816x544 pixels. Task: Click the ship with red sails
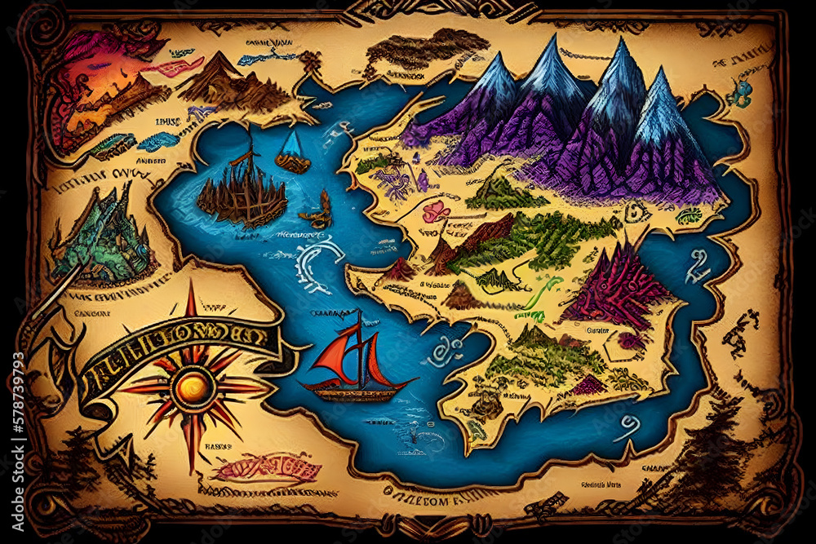[x=357, y=365]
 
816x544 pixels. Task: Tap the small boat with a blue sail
[x=292, y=151]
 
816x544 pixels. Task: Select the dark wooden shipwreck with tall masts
[x=242, y=192]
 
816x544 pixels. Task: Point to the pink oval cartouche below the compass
[x=265, y=469]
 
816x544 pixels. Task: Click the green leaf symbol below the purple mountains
[x=690, y=216]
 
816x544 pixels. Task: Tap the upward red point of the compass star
[x=191, y=302]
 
